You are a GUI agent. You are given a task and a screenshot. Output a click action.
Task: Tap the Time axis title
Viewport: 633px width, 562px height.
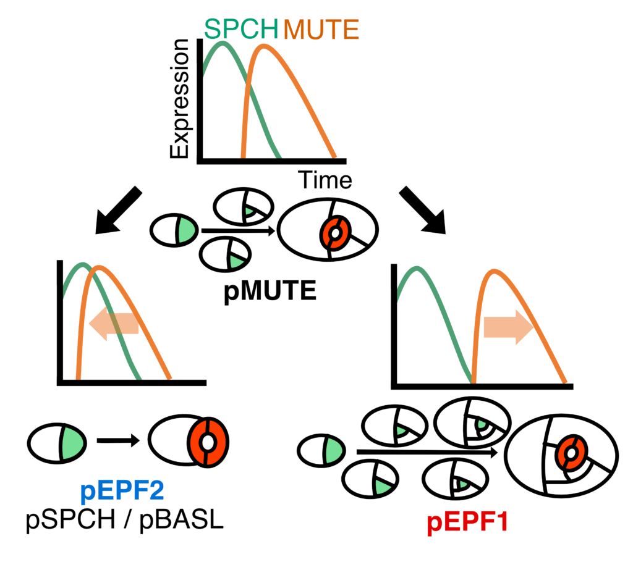pos(325,180)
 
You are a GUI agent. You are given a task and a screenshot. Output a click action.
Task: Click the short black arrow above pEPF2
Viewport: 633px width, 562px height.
pos(119,441)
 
